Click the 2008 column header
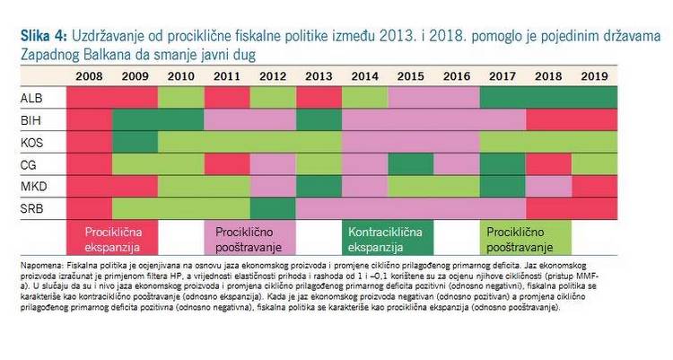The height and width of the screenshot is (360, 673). pyautogui.click(x=90, y=76)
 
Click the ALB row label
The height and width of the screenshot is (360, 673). pyautogui.click(x=30, y=97)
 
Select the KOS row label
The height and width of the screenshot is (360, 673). pyautogui.click(x=30, y=142)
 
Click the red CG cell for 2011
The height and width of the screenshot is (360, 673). pyautogui.click(x=227, y=164)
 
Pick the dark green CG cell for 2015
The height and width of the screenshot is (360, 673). pyautogui.click(x=410, y=164)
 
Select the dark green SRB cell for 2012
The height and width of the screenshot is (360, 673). pyautogui.click(x=273, y=208)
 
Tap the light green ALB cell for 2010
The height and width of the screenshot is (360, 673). pyautogui.click(x=181, y=97)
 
